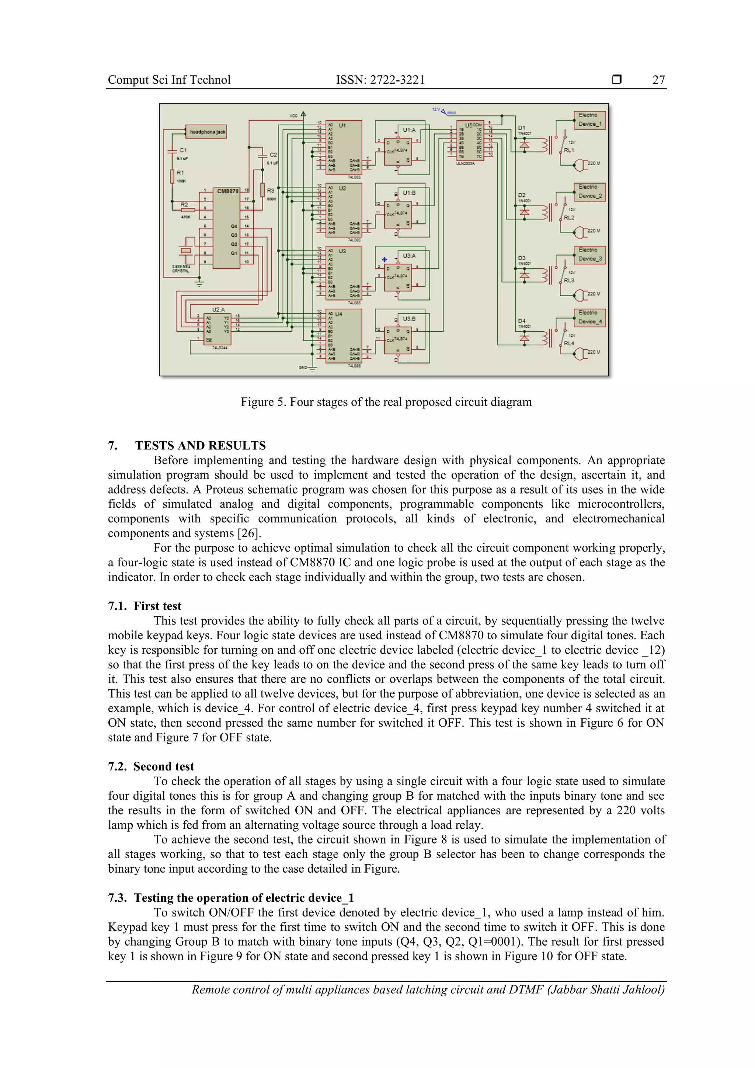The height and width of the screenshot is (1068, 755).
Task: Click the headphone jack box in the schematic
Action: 207,132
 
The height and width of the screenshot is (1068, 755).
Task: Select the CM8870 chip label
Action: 227,191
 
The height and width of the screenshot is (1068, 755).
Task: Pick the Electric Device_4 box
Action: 589,317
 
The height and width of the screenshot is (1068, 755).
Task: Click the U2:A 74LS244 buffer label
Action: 219,310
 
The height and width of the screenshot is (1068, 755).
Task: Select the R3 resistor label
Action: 270,191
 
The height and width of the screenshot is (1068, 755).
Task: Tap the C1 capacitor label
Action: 183,150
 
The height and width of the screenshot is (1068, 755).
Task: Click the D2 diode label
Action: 522,195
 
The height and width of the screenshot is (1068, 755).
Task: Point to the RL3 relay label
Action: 568,281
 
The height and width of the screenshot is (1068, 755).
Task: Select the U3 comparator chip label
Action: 342,251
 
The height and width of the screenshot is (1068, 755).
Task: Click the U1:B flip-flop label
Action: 409,192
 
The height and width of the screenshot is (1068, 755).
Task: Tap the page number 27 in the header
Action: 658,80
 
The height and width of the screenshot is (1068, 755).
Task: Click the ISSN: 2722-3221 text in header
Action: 380,80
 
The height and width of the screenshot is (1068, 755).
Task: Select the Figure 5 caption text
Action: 386,402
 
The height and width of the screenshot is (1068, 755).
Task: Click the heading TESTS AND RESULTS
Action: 200,445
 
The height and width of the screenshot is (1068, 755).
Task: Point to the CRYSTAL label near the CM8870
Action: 181,271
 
